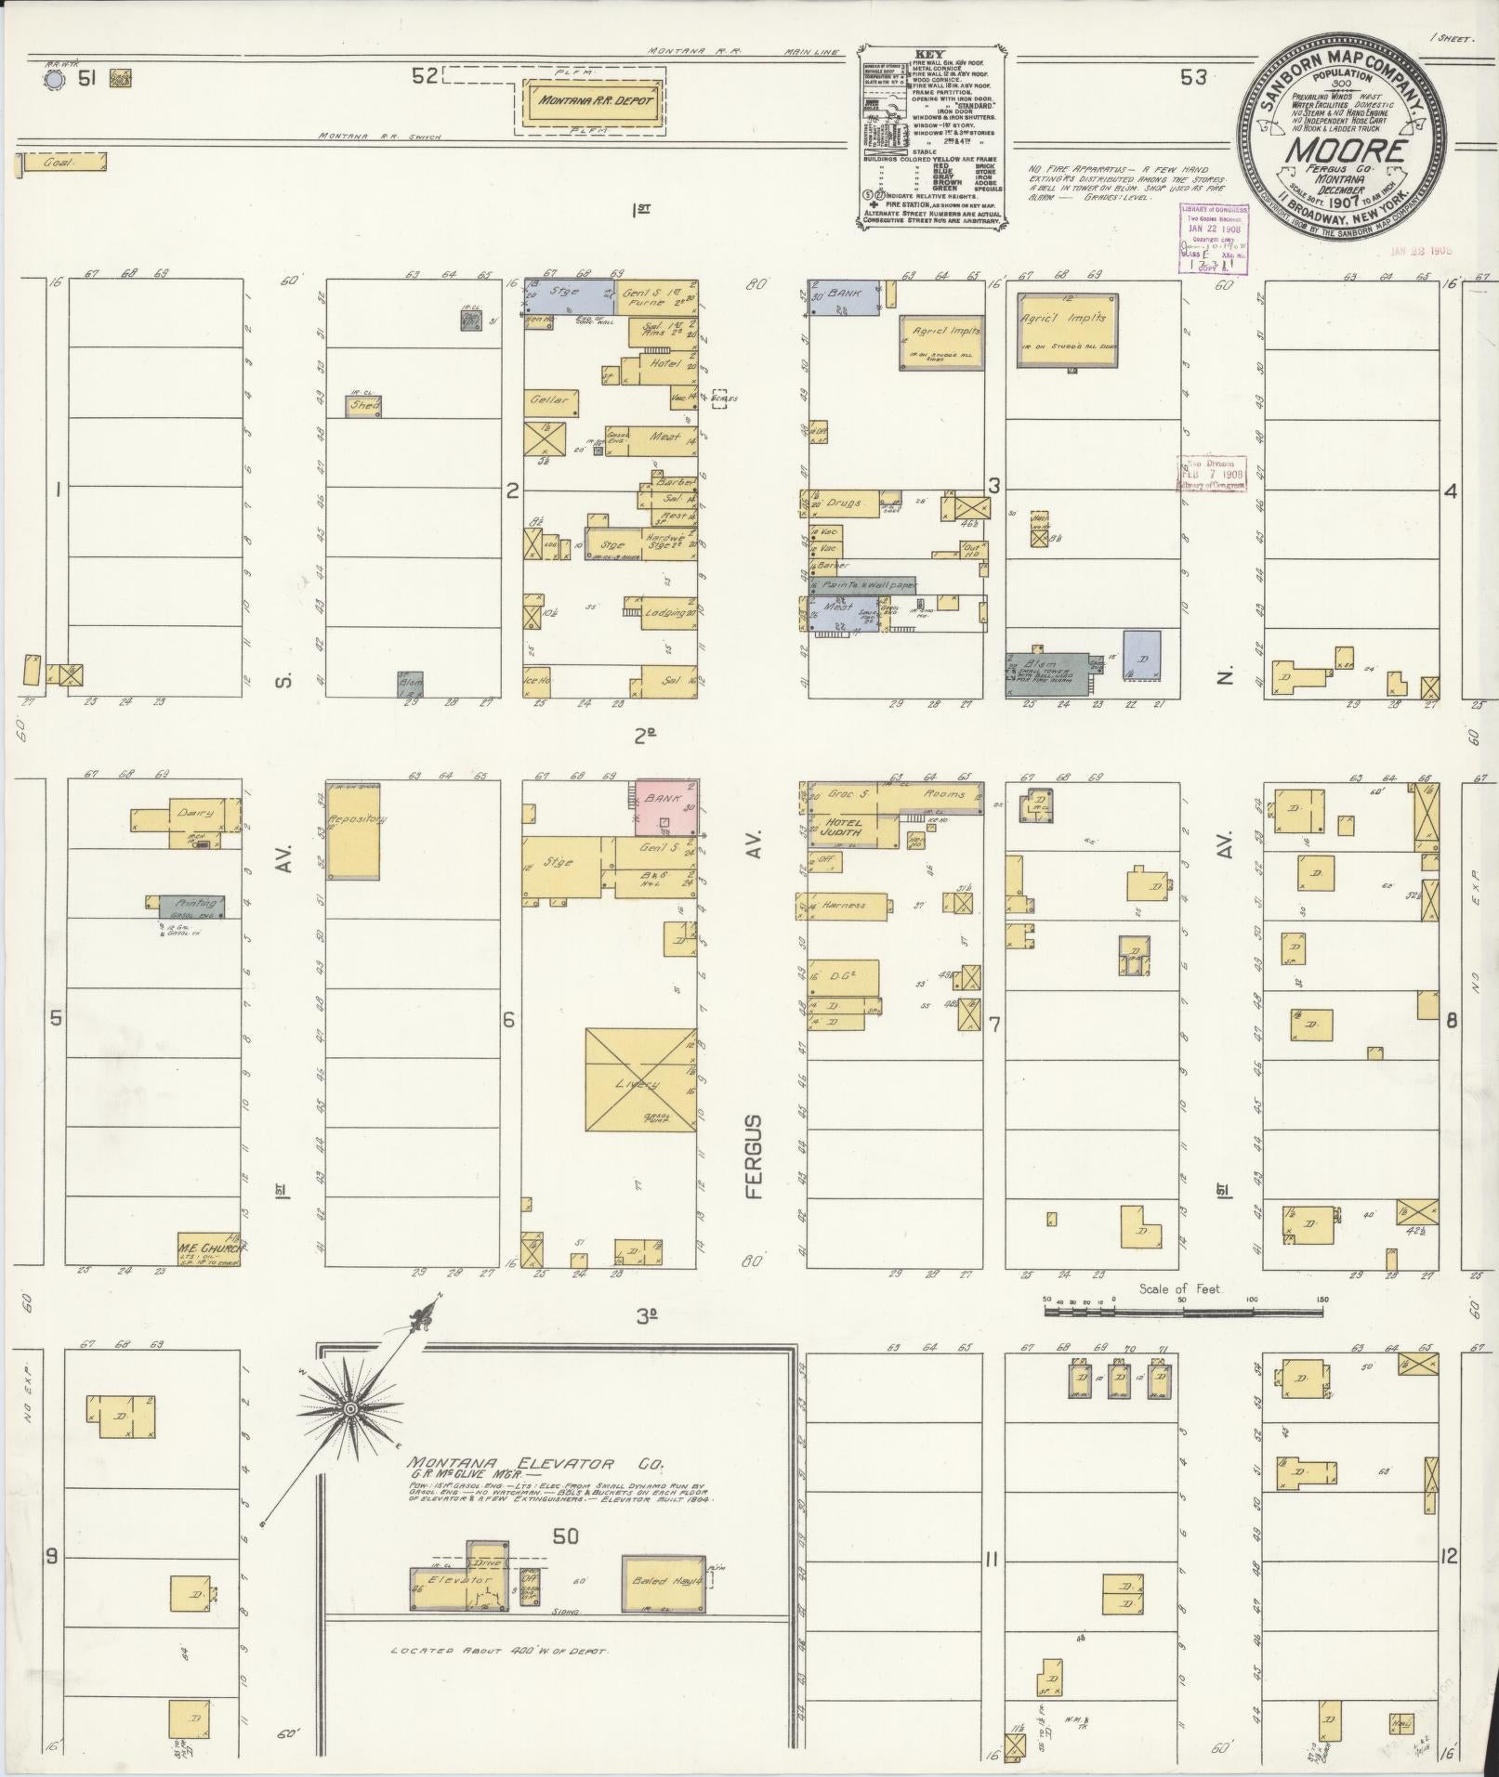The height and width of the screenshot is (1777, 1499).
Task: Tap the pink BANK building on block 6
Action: (666, 804)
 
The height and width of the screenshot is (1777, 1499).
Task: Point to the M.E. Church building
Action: (209, 1247)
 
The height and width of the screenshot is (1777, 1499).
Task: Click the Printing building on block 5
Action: (193, 904)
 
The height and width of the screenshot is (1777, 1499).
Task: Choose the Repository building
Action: (352, 830)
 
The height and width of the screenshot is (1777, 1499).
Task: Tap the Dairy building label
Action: (194, 813)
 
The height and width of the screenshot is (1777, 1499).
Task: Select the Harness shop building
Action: (844, 905)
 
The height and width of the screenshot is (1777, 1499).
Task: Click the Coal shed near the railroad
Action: (62, 163)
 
